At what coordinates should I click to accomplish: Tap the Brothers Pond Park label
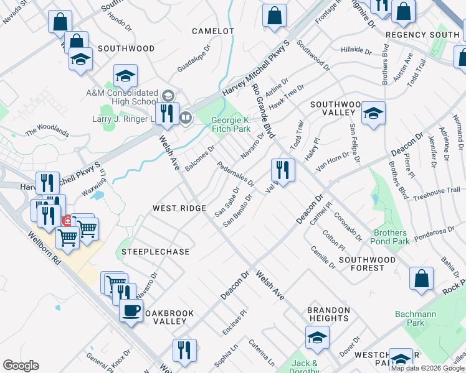click(391, 237)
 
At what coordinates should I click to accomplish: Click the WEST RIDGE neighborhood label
click(179, 208)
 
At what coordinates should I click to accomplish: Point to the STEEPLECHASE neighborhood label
click(155, 252)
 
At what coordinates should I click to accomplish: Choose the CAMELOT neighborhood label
click(212, 30)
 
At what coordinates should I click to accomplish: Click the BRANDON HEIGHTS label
click(328, 314)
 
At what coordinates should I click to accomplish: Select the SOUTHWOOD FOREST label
click(367, 264)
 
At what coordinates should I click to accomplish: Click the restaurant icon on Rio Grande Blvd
click(283, 169)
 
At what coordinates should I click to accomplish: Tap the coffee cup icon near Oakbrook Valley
click(131, 310)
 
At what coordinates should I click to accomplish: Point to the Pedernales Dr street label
click(235, 174)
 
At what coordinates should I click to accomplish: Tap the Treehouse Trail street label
click(436, 194)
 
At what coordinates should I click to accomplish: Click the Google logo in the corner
click(21, 366)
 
